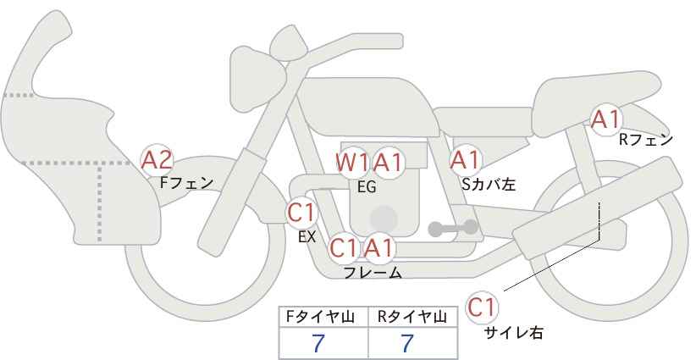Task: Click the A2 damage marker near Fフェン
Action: click(x=157, y=160)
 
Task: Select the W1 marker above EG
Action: click(x=351, y=163)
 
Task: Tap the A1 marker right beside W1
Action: click(x=388, y=163)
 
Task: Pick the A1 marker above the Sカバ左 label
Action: click(x=465, y=160)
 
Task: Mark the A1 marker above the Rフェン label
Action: click(x=605, y=119)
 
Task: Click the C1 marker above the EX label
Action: click(x=301, y=212)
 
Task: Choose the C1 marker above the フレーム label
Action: click(x=344, y=247)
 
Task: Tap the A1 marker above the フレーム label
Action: click(x=379, y=247)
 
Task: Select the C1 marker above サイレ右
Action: click(x=482, y=307)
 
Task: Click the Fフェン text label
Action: click(x=186, y=183)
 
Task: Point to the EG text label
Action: click(x=367, y=187)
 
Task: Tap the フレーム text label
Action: click(x=373, y=273)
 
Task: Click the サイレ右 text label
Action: click(x=514, y=333)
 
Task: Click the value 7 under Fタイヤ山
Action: click(x=318, y=343)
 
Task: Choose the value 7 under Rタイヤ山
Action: click(x=407, y=343)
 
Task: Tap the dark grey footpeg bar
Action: click(x=453, y=228)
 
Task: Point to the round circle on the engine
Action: click(x=384, y=219)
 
